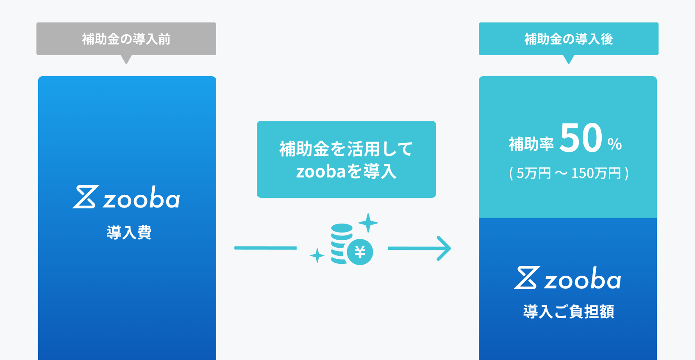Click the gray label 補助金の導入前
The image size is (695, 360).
126,39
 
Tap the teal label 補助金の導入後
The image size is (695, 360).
568,39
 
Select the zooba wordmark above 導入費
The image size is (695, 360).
142,198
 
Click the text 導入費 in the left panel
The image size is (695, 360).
129,233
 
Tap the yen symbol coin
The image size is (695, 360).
360,252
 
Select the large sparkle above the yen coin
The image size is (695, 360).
368,223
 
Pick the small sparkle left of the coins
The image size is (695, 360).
317,256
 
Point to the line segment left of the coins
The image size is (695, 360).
265,248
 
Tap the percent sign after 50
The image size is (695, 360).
614,144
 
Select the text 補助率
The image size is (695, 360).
531,144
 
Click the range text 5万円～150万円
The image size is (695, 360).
569,173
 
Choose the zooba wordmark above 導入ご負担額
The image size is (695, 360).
583,280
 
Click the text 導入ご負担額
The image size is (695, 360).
568,312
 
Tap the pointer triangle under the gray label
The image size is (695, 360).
126,59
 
